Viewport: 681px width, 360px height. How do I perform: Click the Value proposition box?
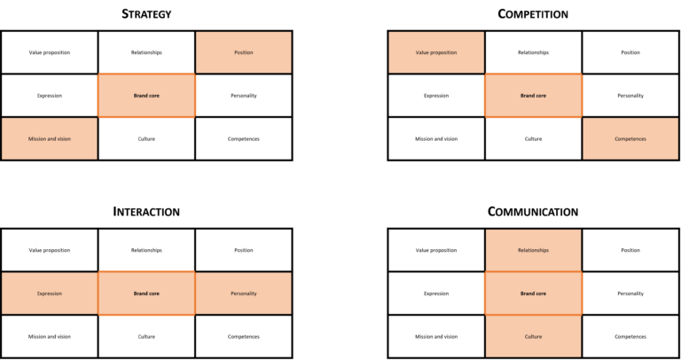pos(436,52)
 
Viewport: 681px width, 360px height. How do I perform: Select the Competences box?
pos(630,138)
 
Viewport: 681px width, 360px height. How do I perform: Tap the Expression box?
pos(50,293)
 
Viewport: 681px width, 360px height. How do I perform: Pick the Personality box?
pos(243,293)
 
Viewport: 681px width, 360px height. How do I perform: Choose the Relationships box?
pos(533,250)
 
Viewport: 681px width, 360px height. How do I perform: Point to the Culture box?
pos(533,336)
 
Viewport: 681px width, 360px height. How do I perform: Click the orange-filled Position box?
pos(243,52)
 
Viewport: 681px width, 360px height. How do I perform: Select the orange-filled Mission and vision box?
pos(50,138)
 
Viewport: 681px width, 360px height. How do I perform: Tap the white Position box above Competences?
pos(630,52)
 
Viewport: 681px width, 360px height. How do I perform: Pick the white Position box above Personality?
pos(243,250)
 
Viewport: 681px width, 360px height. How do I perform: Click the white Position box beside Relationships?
pos(630,250)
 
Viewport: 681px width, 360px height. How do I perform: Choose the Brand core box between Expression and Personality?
pos(146,293)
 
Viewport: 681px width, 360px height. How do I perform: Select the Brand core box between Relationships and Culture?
pos(533,293)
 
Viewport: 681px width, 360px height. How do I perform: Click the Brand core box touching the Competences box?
pos(533,96)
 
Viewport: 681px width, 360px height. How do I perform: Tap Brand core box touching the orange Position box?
pos(146,96)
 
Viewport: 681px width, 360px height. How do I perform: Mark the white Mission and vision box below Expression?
pos(50,336)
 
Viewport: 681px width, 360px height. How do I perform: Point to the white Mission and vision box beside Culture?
pos(436,336)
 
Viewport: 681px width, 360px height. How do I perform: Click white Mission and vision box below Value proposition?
pos(436,138)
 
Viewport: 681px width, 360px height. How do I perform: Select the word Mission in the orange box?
pos(36,138)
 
